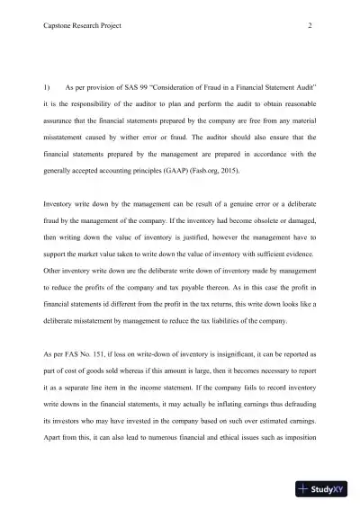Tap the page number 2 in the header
point(310,25)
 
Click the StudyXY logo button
point(326,489)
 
